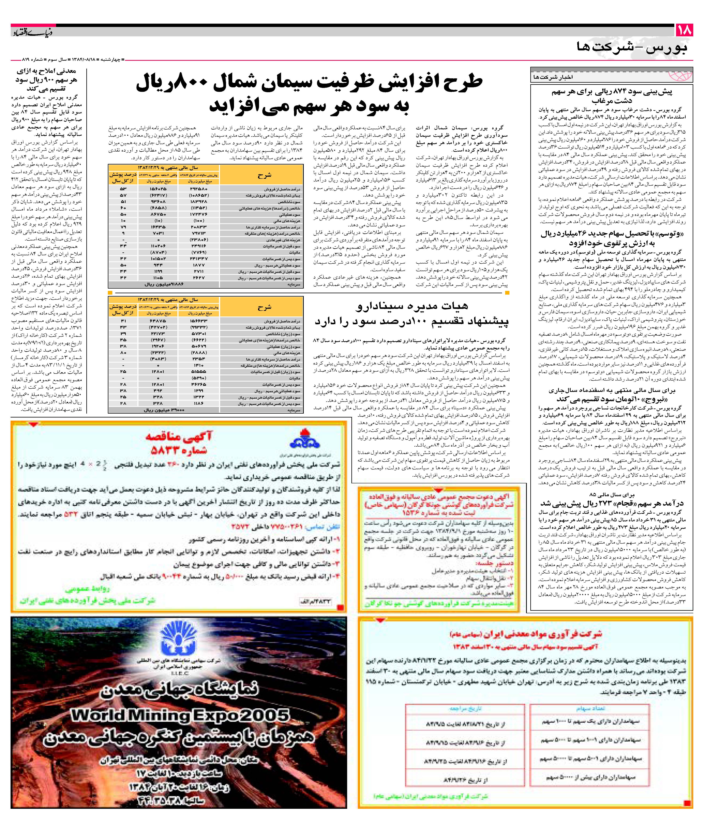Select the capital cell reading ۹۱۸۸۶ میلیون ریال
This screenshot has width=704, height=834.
(164, 284)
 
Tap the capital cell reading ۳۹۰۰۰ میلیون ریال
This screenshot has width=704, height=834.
(164, 410)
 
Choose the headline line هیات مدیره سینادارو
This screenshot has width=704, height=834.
(411, 306)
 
